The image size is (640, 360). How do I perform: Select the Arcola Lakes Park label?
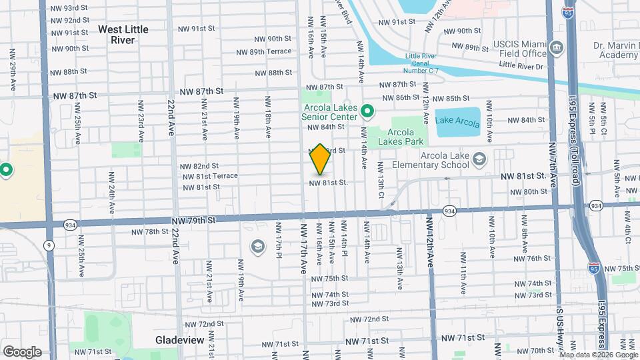click(x=401, y=136)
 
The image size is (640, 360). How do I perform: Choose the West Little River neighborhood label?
click(x=123, y=35)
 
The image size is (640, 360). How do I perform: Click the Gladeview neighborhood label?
click(x=179, y=340)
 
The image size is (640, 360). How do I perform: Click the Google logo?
click(x=21, y=352)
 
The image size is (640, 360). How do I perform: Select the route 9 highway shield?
click(x=50, y=245)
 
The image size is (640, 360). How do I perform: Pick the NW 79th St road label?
click(x=194, y=220)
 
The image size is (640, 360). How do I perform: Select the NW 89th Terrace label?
click(x=264, y=51)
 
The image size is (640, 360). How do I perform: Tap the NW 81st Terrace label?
click(x=209, y=176)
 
